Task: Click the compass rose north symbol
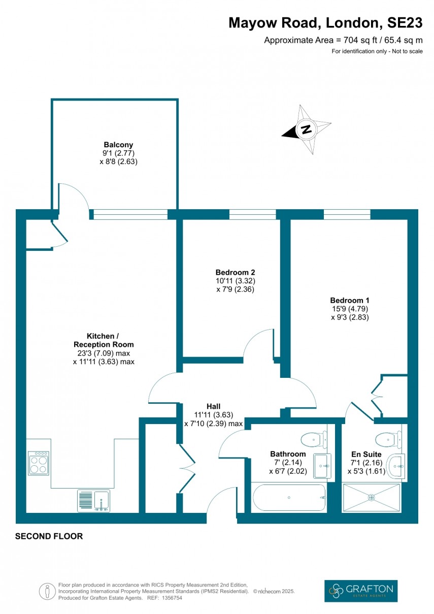(x=306, y=130)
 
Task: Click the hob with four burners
(x=39, y=463)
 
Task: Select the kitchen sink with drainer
(x=93, y=500)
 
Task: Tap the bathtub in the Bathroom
(x=288, y=497)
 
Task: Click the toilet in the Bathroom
(x=313, y=438)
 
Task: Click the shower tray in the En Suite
(x=372, y=497)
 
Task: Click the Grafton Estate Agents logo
(x=361, y=591)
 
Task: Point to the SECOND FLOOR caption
(x=49, y=536)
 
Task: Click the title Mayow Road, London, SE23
(x=325, y=23)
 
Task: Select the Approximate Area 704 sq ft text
(x=343, y=41)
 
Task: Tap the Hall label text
(x=213, y=406)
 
